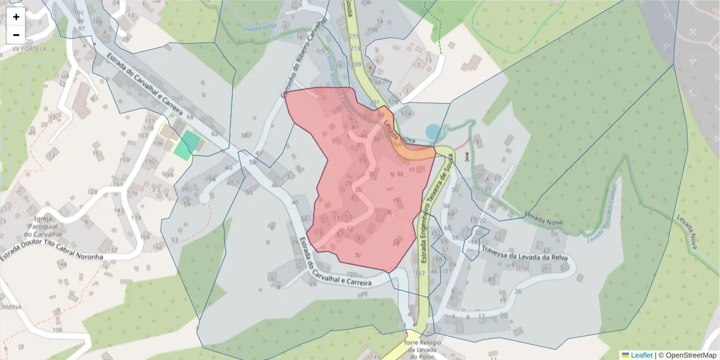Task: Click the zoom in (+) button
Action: click(x=16, y=17)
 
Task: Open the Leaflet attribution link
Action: click(x=641, y=355)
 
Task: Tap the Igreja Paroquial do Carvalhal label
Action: click(x=41, y=226)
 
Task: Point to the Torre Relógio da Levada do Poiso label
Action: click(x=424, y=349)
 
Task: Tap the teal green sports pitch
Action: click(x=187, y=145)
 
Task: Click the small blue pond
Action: click(x=433, y=131)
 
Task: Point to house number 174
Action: click(x=406, y=113)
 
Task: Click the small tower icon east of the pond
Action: click(x=466, y=157)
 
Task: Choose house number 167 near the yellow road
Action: click(x=420, y=273)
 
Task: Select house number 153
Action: click(x=97, y=154)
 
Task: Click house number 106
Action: click(x=98, y=22)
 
